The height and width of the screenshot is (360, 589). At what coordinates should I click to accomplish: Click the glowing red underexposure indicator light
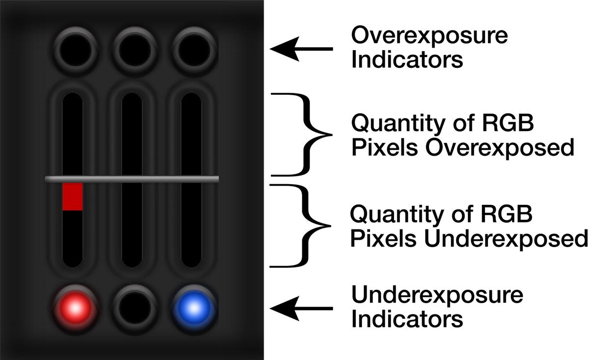pos(75,308)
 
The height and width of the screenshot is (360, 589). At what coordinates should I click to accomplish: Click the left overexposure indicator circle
pos(75,49)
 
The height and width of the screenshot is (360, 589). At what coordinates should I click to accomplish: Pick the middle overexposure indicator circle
pos(134,49)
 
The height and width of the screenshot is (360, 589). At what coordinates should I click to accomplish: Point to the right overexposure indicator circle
pos(193,49)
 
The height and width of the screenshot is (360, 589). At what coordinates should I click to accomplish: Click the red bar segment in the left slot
pos(72,196)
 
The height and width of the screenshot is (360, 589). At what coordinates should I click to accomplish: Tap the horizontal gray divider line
pos(132,179)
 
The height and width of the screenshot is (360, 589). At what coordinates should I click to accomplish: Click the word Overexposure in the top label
pos(429,36)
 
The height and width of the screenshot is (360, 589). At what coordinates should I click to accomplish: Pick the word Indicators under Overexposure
pos(407,60)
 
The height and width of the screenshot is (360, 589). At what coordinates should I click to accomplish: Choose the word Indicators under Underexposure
pos(407,320)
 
